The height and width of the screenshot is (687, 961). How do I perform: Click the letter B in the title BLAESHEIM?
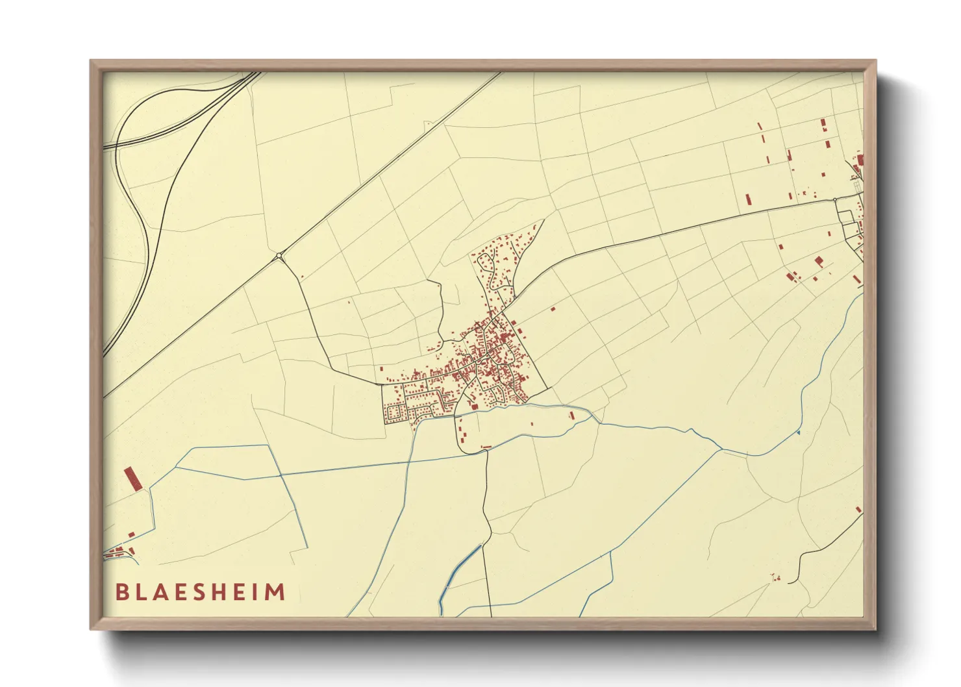121,592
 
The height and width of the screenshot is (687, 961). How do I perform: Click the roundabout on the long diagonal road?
279,256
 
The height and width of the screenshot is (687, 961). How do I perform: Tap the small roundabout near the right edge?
836,200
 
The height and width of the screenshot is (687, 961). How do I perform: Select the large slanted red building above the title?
132,479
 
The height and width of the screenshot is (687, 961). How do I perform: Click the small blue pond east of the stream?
798,431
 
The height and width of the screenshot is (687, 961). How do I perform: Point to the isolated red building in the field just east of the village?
553,308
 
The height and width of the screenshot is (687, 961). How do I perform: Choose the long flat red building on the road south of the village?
486,447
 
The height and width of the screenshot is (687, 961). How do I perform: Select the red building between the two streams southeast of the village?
571,415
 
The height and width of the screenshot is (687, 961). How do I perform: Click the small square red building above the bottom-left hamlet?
131,535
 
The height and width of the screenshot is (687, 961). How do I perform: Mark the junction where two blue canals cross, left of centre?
281,475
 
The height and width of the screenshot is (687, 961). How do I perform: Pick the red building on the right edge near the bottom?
858,510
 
